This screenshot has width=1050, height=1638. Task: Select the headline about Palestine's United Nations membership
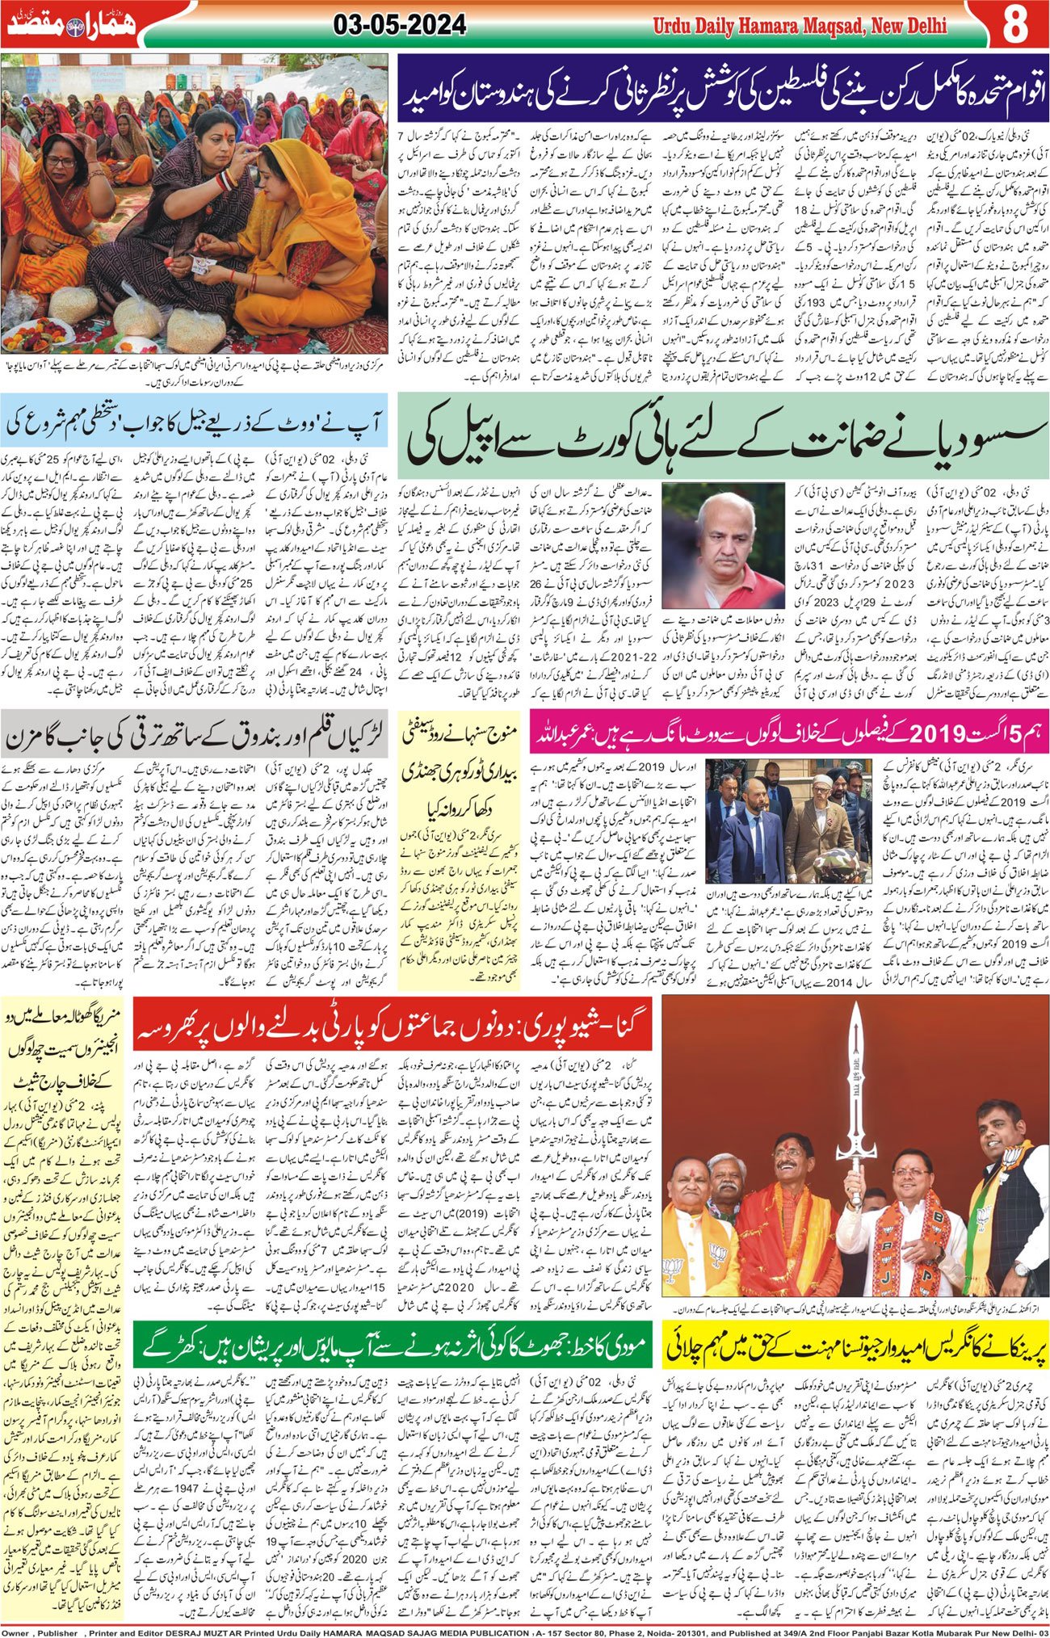721,86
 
